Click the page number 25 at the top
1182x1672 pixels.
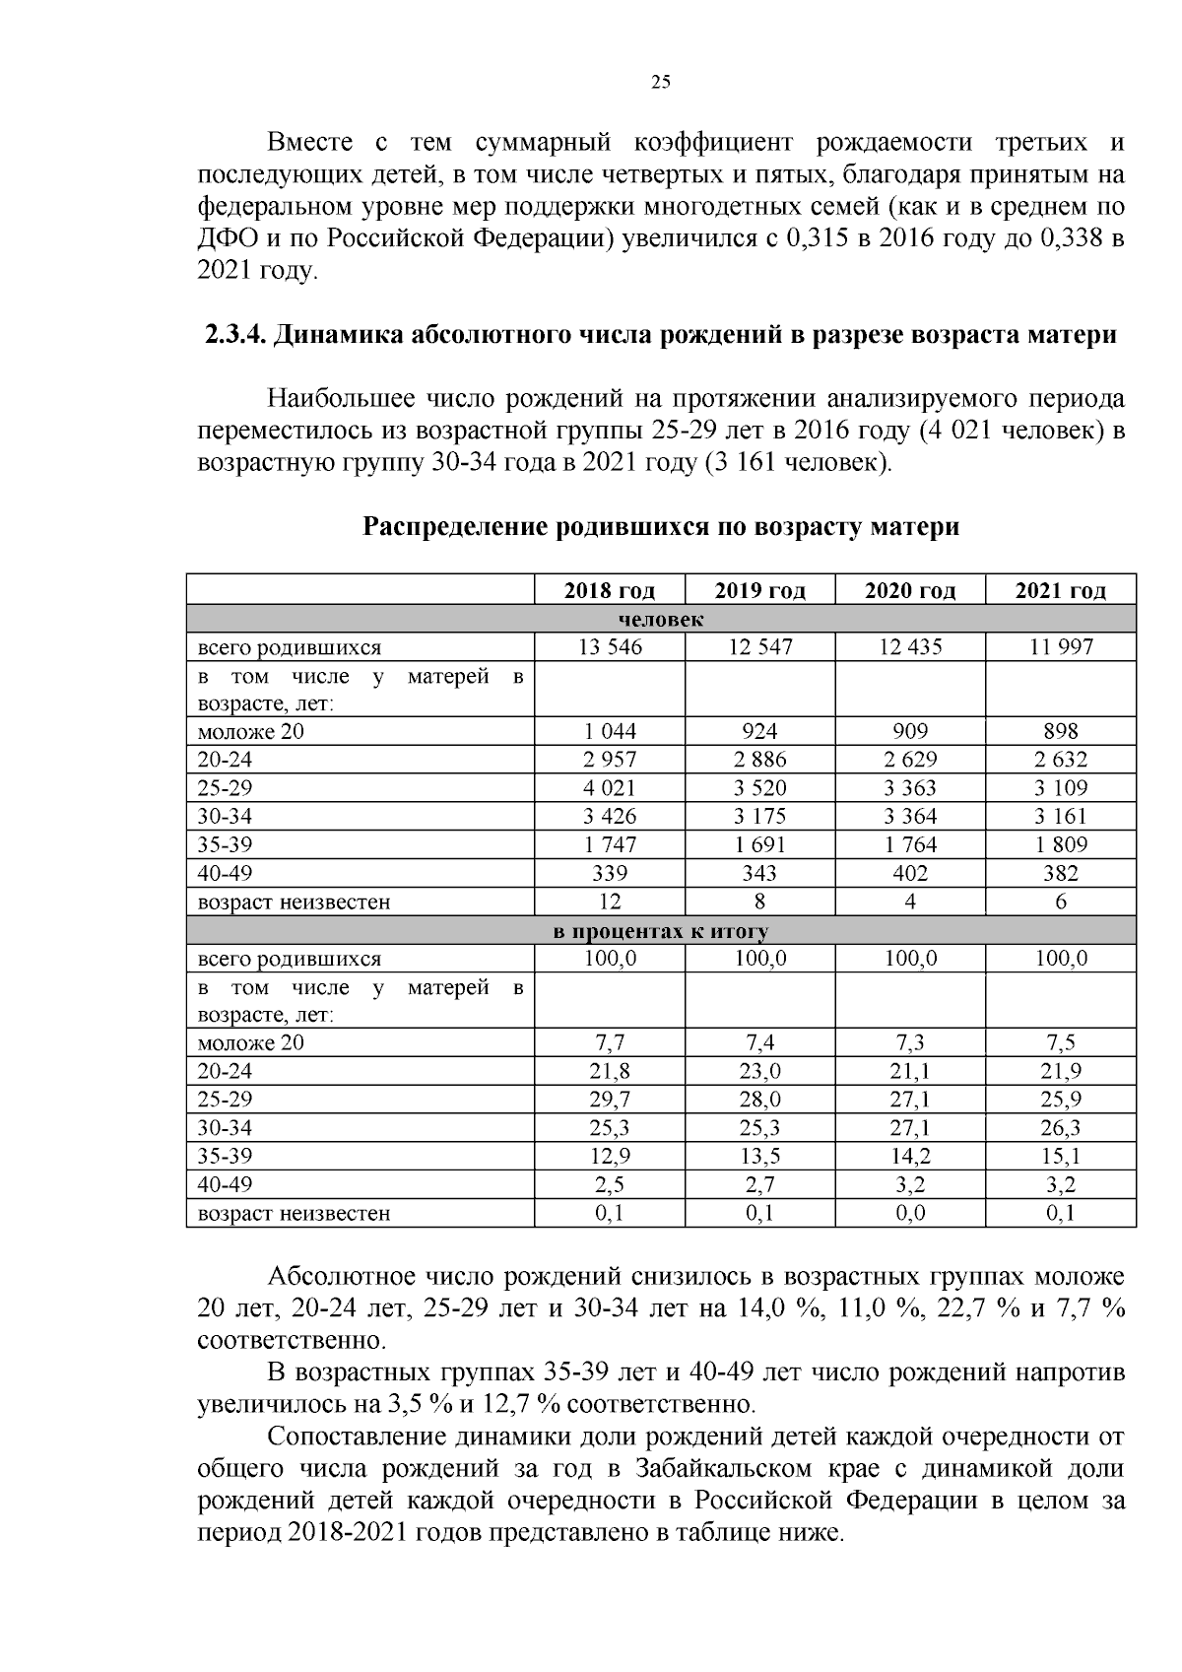[x=661, y=83]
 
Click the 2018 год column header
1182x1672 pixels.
[x=610, y=591]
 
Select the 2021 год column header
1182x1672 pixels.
[x=1060, y=591]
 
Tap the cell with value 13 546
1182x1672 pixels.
[x=610, y=647]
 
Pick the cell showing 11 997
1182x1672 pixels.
[x=1060, y=647]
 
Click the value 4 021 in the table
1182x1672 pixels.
[x=610, y=788]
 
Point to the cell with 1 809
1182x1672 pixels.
[x=1060, y=844]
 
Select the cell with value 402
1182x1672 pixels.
[x=910, y=873]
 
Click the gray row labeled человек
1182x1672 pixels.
[x=661, y=620]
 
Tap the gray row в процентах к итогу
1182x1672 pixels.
[x=661, y=931]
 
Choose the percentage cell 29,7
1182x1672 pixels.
[x=610, y=1100]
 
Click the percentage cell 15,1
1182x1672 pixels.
[x=1060, y=1156]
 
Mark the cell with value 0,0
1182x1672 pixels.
[x=910, y=1213]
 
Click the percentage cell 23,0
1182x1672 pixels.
[x=759, y=1072]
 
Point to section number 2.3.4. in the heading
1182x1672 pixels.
[x=234, y=335]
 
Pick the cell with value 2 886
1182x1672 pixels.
[x=759, y=760]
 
